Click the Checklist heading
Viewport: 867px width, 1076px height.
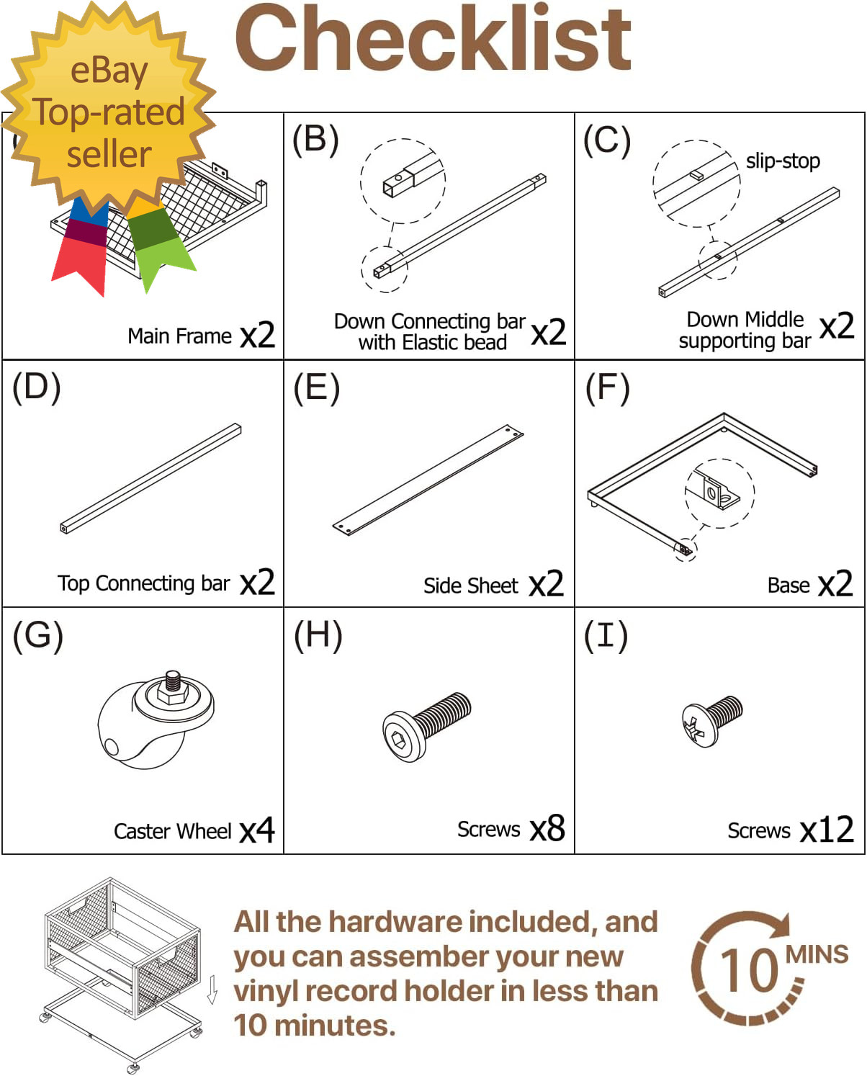click(x=433, y=40)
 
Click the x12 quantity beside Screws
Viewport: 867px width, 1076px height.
click(x=827, y=830)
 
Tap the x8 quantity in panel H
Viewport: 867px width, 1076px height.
click(x=547, y=829)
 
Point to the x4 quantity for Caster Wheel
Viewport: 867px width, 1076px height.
click(x=257, y=830)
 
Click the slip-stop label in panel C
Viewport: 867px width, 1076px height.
click(x=783, y=161)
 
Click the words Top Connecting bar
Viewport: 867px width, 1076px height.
click(x=143, y=583)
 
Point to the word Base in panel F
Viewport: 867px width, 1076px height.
click(x=789, y=586)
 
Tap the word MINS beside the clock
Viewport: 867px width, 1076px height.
click(x=817, y=955)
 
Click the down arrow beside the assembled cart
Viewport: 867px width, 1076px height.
click(x=212, y=990)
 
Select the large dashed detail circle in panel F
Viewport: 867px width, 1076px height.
click(x=719, y=493)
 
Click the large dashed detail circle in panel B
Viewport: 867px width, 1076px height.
click(x=403, y=180)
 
